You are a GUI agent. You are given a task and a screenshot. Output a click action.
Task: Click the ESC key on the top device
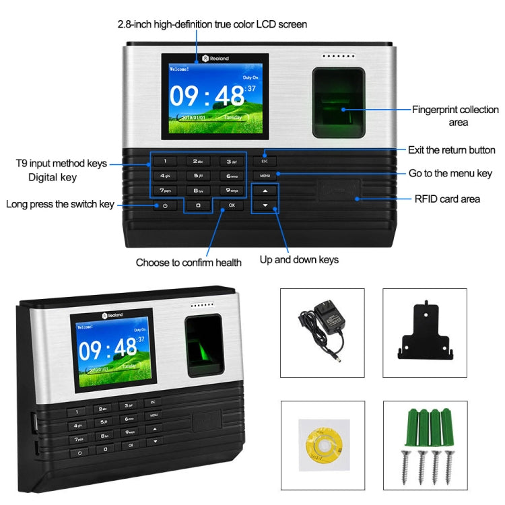[x=265, y=162]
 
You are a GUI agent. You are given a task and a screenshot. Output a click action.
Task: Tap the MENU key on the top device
[x=265, y=176]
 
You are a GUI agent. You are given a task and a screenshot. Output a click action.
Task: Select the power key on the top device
[x=164, y=205]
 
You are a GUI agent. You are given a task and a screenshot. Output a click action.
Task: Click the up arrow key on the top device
[x=265, y=191]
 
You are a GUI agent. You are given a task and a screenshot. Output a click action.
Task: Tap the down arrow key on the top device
[x=265, y=205]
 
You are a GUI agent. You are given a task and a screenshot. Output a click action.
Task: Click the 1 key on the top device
[x=165, y=162]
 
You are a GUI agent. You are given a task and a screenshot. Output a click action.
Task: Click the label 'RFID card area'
[x=447, y=199]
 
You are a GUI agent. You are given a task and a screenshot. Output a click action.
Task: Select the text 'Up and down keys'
[x=299, y=259]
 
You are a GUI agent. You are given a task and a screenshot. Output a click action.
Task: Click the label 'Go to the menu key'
[x=450, y=173]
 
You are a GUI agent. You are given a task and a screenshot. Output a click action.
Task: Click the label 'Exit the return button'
[x=451, y=149]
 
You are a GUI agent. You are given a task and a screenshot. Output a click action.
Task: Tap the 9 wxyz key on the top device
[x=231, y=191]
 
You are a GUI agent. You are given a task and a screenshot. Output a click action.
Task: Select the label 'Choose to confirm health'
[x=189, y=263]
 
